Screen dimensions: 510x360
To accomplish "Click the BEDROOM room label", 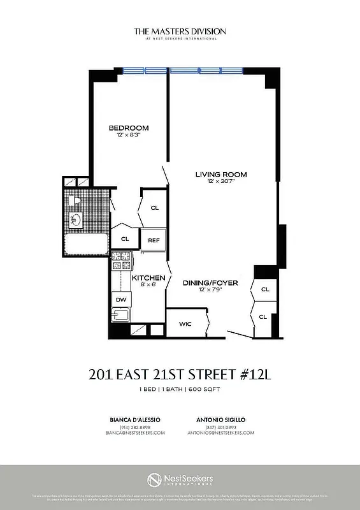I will [x=128, y=127].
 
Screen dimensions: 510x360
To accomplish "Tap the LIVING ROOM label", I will [x=220, y=174].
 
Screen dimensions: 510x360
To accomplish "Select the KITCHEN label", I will [x=148, y=278].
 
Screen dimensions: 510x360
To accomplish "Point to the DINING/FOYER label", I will [x=210, y=282].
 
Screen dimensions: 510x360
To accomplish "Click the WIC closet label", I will [x=185, y=324].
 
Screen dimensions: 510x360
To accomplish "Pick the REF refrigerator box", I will [x=154, y=240].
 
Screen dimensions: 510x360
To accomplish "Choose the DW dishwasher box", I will [x=120, y=300].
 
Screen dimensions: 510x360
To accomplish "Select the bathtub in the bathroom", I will [x=85, y=244].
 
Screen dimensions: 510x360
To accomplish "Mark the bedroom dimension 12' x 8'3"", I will [x=128, y=135].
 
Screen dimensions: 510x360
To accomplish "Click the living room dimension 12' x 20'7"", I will [x=220, y=182].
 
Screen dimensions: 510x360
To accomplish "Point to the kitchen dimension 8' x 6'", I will [x=148, y=286].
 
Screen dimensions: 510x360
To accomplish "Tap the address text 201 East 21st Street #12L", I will [x=180, y=374].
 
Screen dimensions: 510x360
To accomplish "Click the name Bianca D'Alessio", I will [x=134, y=419].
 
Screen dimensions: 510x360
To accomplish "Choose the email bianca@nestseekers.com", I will [x=135, y=432].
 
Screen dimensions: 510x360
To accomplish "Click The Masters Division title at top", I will [x=180, y=31].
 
